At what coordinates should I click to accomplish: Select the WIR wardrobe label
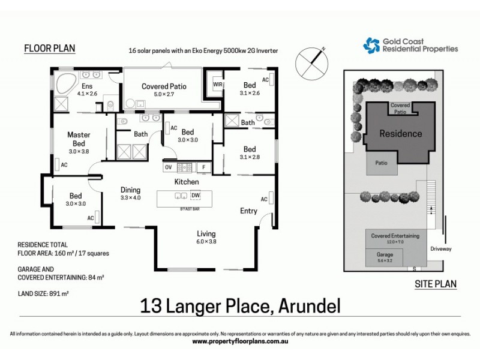coord(218,85)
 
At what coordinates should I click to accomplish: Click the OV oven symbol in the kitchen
coord(168,167)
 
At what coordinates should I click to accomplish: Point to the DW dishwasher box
coord(195,195)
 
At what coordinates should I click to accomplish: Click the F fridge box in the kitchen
coord(204,167)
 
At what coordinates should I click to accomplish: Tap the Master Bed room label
coord(79,139)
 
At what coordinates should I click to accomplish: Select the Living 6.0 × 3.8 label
coord(206,238)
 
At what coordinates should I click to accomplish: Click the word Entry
coord(248,211)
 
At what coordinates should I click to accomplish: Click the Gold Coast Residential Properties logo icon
coord(371,45)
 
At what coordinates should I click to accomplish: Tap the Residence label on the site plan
coord(400,133)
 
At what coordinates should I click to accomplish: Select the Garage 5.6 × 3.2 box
coord(385,257)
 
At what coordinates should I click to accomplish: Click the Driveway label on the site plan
coord(440,248)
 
